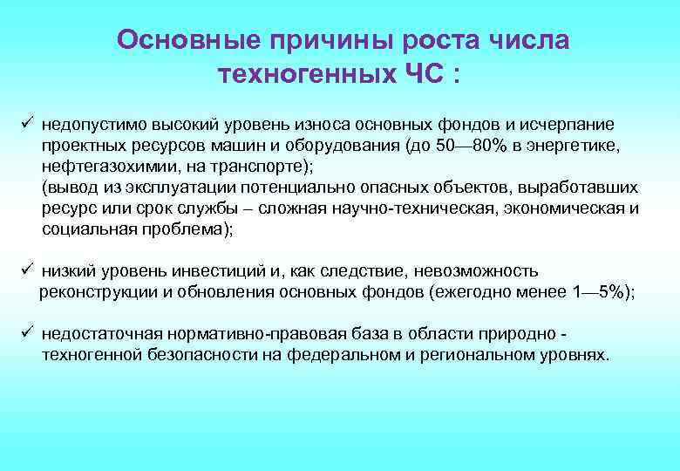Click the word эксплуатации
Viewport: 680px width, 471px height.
(x=164, y=188)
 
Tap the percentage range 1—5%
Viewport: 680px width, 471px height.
(x=601, y=293)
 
